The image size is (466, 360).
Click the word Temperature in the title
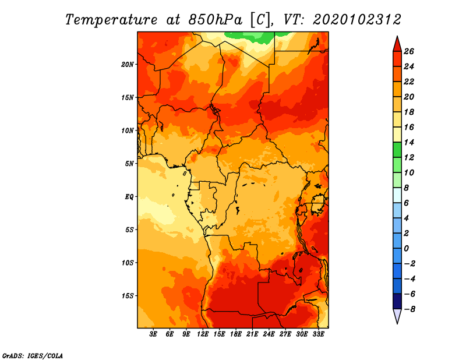111,20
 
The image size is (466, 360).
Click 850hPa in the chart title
216,20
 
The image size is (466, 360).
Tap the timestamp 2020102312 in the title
357,20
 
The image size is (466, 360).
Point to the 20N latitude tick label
128,65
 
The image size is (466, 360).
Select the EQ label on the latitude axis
129,197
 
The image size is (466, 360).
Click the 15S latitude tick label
128,296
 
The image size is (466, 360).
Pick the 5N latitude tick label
129,164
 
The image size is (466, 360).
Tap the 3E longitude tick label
153,334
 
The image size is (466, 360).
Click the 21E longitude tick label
252,334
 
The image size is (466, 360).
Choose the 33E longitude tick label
318,334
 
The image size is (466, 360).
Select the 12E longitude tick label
202,334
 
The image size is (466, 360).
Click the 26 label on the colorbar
409,51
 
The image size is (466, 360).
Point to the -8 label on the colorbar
409,309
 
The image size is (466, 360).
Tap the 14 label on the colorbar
409,142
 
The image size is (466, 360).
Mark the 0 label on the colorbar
406,249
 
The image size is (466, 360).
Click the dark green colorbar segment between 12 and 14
397,150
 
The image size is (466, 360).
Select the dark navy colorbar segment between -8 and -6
397,301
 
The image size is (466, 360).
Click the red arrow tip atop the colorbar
397,37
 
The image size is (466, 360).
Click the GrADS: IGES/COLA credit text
33,356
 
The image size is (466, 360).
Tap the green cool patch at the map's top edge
250,37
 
